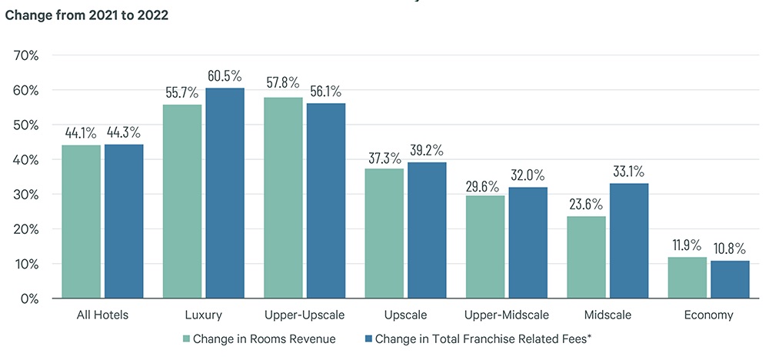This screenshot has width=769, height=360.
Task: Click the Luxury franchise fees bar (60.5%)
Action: click(225, 193)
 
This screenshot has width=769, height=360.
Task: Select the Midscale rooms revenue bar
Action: click(585, 257)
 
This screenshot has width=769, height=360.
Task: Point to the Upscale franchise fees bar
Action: click(427, 230)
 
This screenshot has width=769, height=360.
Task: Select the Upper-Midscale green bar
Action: click(484, 247)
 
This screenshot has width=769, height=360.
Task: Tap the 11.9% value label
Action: click(687, 245)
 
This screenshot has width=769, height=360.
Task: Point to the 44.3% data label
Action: click(124, 132)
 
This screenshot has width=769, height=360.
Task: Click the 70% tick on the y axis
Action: click(32, 55)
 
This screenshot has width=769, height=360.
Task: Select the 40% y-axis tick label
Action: click(32, 160)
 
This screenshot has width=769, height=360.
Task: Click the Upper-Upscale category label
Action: click(304, 315)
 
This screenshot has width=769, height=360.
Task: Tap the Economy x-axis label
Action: click(708, 315)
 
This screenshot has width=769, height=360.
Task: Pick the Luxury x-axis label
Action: click(203, 315)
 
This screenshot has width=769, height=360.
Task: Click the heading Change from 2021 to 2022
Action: click(87, 15)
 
